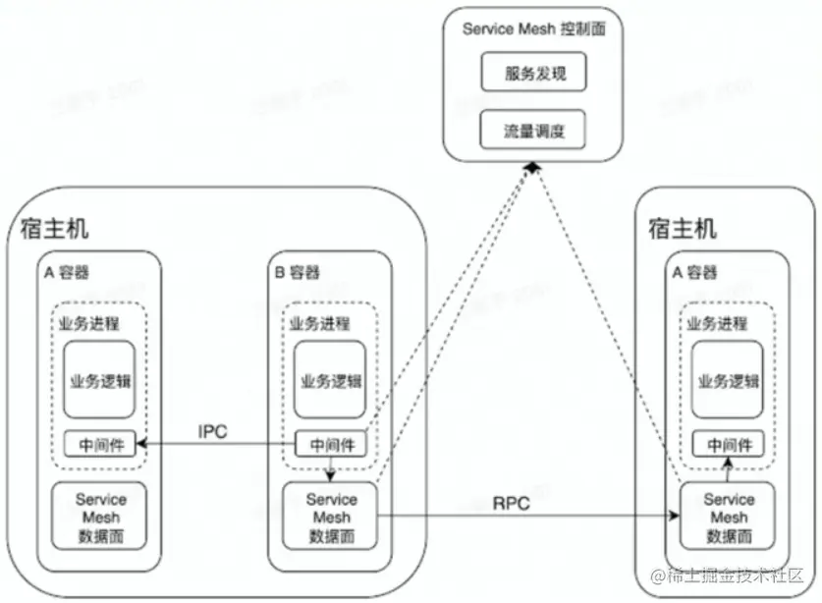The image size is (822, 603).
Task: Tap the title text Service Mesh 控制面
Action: [533, 27]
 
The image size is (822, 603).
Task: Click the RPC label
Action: [512, 504]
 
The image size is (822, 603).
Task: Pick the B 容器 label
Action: [296, 272]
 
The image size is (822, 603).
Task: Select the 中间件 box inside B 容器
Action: [331, 444]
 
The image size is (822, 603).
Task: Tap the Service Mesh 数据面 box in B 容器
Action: [331, 517]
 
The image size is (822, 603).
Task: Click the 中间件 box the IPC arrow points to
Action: [97, 444]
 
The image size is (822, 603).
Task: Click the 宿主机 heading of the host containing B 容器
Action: [54, 229]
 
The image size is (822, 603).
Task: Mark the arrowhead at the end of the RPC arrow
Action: [678, 514]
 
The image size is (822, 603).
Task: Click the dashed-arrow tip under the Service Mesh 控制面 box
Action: [531, 169]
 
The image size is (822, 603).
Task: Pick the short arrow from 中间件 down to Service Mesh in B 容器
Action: [331, 469]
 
